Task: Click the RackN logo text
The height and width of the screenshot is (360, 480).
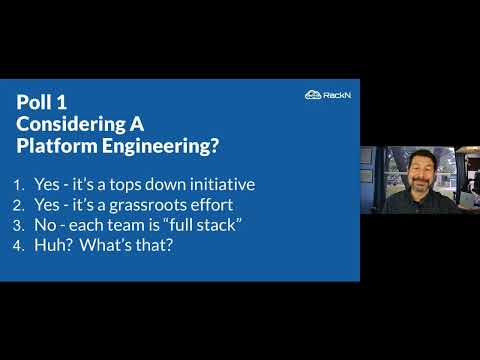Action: pyautogui.click(x=337, y=95)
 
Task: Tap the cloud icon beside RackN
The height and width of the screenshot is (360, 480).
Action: pyautogui.click(x=312, y=95)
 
